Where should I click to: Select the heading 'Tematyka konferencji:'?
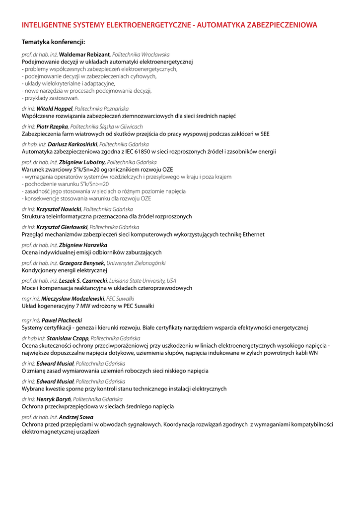(54, 42)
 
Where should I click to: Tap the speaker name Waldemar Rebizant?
(84, 55)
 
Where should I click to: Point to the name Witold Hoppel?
(55, 108)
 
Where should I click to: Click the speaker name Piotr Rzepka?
(52, 127)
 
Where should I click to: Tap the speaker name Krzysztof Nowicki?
(59, 209)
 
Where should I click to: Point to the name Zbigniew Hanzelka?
(83, 245)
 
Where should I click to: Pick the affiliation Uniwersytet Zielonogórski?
(137, 263)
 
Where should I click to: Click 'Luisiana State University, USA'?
(143, 281)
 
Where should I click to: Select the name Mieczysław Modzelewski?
(73, 299)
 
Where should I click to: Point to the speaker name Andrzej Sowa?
(76, 417)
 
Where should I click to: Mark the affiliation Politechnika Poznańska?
(102, 108)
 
